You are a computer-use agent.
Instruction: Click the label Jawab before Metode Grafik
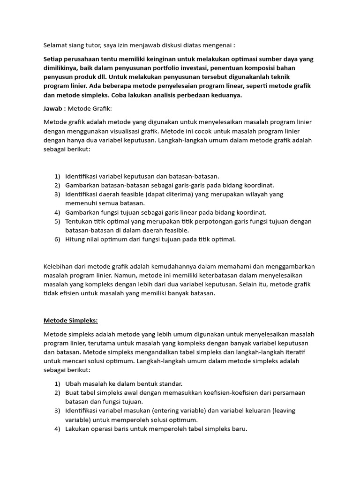coord(54,109)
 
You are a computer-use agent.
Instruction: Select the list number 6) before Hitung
coord(57,239)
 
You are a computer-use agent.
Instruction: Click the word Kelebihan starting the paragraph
coord(60,266)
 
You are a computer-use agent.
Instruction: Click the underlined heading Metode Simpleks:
coord(71,321)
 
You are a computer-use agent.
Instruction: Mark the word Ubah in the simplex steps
coord(73,383)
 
